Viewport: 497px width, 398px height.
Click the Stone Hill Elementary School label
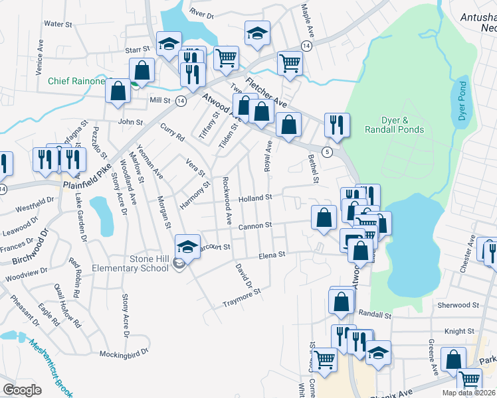click(137, 263)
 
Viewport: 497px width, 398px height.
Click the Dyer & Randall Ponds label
click(393, 125)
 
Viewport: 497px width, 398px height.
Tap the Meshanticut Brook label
click(49, 367)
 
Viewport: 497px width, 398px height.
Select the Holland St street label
click(256, 198)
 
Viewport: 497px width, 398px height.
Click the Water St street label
click(57, 24)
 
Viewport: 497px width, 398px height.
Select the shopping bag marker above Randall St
click(341, 302)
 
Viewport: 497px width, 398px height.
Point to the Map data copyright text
click(469, 393)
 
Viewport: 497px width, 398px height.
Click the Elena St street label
click(272, 254)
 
